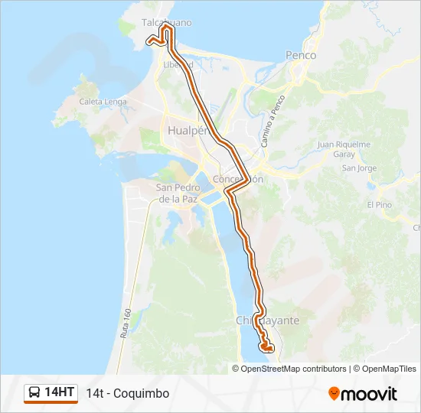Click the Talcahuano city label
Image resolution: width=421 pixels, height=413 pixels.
pyautogui.click(x=167, y=23)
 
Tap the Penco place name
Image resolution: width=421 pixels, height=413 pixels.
pyautogui.click(x=301, y=55)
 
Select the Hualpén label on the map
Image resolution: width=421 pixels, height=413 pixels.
pyautogui.click(x=188, y=131)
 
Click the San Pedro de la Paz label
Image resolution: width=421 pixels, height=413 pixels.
pyautogui.click(x=178, y=193)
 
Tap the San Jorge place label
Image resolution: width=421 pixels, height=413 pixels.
pyautogui.click(x=359, y=168)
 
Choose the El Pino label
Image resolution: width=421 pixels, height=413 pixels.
pyautogui.click(x=379, y=205)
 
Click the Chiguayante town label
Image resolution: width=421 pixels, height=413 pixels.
pyautogui.click(x=268, y=320)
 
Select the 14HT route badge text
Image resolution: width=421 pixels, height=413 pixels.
pyautogui.click(x=60, y=393)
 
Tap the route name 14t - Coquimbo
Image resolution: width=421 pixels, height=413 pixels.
pyautogui.click(x=128, y=394)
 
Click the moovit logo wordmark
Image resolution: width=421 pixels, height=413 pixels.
pyautogui.click(x=369, y=394)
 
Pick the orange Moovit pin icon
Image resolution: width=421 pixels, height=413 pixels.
pyautogui.click(x=334, y=394)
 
